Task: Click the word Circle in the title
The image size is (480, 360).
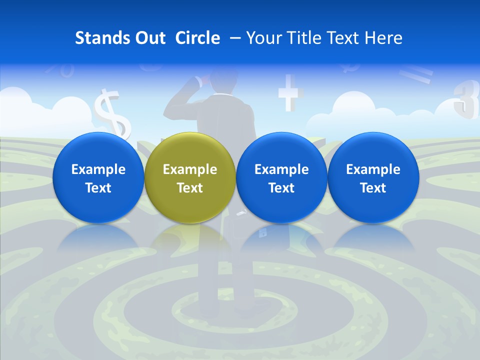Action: [197, 38]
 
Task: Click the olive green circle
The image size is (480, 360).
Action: [189, 177]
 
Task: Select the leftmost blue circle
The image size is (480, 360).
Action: [98, 177]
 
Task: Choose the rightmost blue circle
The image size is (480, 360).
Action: [373, 177]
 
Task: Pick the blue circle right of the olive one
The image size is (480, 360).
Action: [281, 177]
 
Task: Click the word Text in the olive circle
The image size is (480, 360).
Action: [189, 188]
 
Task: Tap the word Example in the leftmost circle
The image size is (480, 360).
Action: [98, 169]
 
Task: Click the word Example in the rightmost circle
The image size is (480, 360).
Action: [373, 169]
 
